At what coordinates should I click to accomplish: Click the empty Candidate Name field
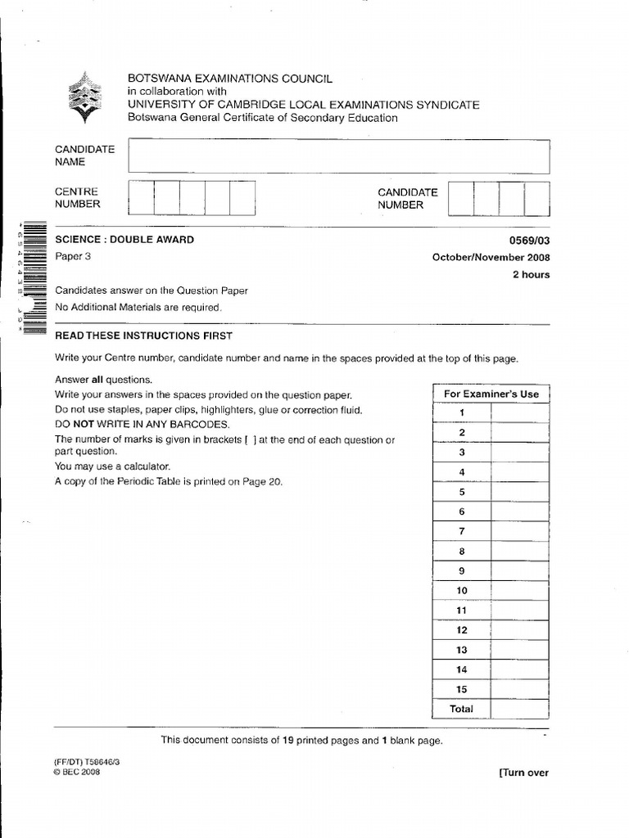point(338,156)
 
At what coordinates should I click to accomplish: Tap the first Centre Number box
point(142,198)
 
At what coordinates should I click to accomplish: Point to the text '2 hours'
point(531,275)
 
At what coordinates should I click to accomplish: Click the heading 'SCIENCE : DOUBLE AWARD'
point(124,240)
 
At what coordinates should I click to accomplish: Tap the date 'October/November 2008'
point(491,257)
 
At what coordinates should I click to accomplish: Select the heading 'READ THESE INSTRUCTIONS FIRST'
point(143,336)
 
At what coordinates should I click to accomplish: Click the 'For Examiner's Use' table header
point(491,394)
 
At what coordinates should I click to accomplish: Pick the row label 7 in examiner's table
point(462,531)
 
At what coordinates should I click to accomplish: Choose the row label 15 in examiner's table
point(462,689)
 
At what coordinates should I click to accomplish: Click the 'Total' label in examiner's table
point(462,709)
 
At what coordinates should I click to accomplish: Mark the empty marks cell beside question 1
point(520,412)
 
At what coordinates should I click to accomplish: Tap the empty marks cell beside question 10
point(520,590)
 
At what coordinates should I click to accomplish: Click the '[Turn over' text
point(523,773)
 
